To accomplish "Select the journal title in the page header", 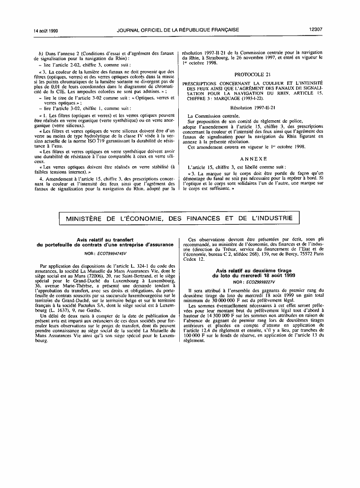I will point(178,30).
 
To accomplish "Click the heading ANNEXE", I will point(253,159).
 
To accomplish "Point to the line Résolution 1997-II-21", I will point(253,107).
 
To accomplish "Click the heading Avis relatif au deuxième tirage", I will point(253,271).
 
